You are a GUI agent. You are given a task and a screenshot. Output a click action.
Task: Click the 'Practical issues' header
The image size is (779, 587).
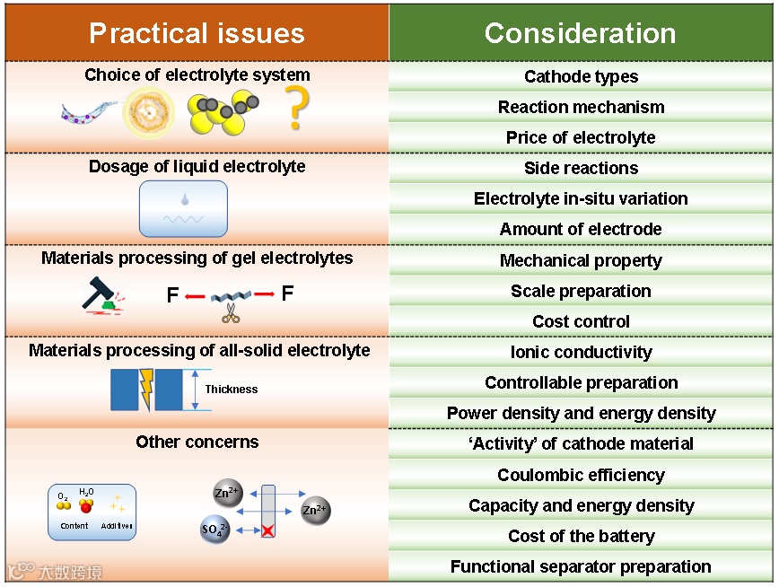click(197, 33)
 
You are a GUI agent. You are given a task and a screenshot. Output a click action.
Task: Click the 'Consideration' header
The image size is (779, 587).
click(581, 33)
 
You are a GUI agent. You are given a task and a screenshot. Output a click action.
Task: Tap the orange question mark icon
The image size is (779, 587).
click(296, 109)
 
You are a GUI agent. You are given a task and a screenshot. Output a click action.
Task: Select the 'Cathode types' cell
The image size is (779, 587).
click(581, 76)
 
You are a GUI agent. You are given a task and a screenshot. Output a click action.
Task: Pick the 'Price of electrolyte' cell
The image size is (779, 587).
click(581, 137)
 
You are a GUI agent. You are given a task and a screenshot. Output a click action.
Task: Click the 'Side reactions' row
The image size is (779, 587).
click(581, 168)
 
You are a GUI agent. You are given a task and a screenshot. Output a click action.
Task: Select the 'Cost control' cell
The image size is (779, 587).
click(581, 321)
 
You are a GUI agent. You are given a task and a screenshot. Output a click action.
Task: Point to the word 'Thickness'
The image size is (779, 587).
click(231, 390)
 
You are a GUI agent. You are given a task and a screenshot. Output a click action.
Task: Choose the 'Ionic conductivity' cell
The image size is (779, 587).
click(581, 352)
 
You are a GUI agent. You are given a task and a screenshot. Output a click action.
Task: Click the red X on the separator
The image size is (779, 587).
click(267, 530)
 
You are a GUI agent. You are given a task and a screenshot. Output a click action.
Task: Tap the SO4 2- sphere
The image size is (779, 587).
click(216, 530)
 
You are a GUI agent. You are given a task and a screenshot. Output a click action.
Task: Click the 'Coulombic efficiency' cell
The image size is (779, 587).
click(581, 475)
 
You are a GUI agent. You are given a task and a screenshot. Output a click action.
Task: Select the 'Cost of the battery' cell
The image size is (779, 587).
click(581, 536)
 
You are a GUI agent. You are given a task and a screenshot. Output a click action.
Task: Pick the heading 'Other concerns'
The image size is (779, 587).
click(197, 442)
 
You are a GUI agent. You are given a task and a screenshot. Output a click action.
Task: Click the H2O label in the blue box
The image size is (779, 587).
click(86, 492)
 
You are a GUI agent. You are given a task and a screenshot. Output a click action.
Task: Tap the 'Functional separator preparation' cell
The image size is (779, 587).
click(581, 566)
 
